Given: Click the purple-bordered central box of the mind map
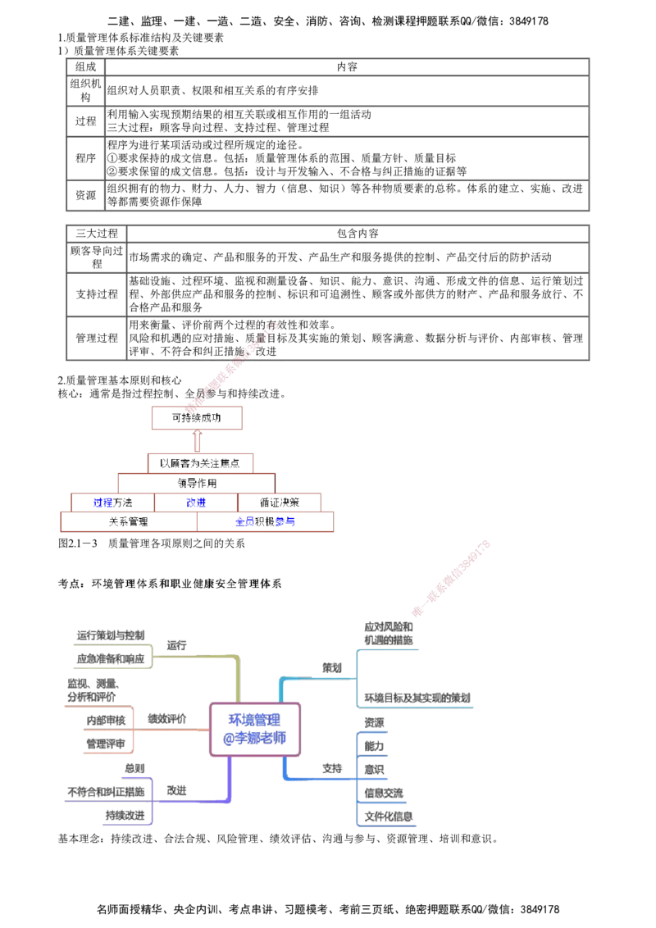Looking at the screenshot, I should tap(256, 729).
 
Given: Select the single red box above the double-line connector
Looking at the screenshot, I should tap(197, 419).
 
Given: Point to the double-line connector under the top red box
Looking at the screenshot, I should tap(197, 442).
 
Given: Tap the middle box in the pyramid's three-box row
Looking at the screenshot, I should tap(196, 502).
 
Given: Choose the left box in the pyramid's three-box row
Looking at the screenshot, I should tap(112, 502).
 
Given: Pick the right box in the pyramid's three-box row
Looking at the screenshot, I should tap(279, 502).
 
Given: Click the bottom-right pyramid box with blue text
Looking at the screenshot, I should tap(266, 521).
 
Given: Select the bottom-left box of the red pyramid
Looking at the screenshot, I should tap(129, 521).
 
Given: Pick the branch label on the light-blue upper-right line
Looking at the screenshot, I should tap(331, 669).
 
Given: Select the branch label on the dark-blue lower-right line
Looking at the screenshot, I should tap(331, 769).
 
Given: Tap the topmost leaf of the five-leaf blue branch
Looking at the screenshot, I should tap(374, 722).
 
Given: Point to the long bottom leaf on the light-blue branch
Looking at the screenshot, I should tap(418, 698).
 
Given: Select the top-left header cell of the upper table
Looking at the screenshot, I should tap(84, 66).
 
